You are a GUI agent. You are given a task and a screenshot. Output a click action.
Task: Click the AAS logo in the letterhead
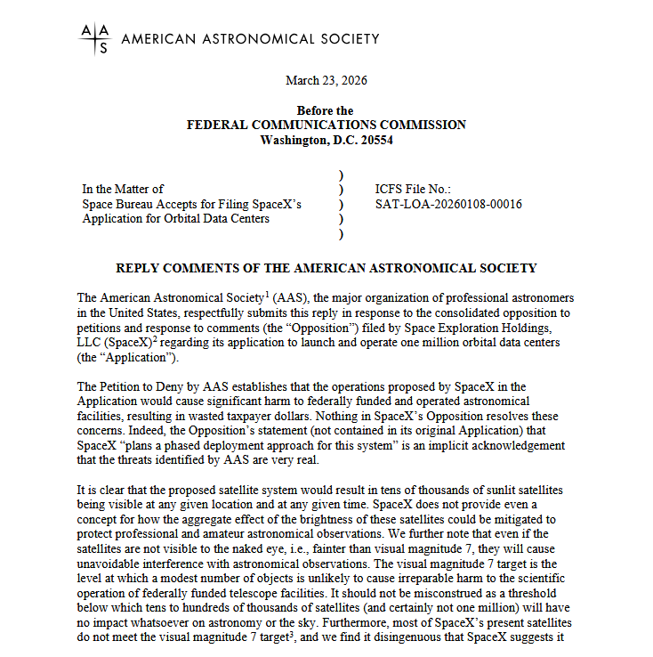click(95, 38)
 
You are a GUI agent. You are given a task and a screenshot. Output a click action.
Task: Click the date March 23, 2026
click(326, 81)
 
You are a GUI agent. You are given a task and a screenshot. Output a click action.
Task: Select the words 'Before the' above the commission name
click(326, 111)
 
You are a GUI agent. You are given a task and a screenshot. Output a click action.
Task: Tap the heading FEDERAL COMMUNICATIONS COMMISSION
click(326, 126)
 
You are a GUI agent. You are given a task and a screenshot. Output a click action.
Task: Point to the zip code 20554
click(375, 140)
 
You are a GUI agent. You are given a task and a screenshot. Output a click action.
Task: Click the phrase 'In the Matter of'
click(123, 190)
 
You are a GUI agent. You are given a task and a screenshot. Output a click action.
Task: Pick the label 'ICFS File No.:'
click(414, 190)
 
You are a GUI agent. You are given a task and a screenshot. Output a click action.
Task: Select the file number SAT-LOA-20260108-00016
click(449, 204)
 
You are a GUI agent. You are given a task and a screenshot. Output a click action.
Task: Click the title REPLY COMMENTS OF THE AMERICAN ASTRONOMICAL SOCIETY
click(326, 267)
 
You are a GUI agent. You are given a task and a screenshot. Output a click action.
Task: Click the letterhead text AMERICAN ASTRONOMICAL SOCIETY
click(250, 38)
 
